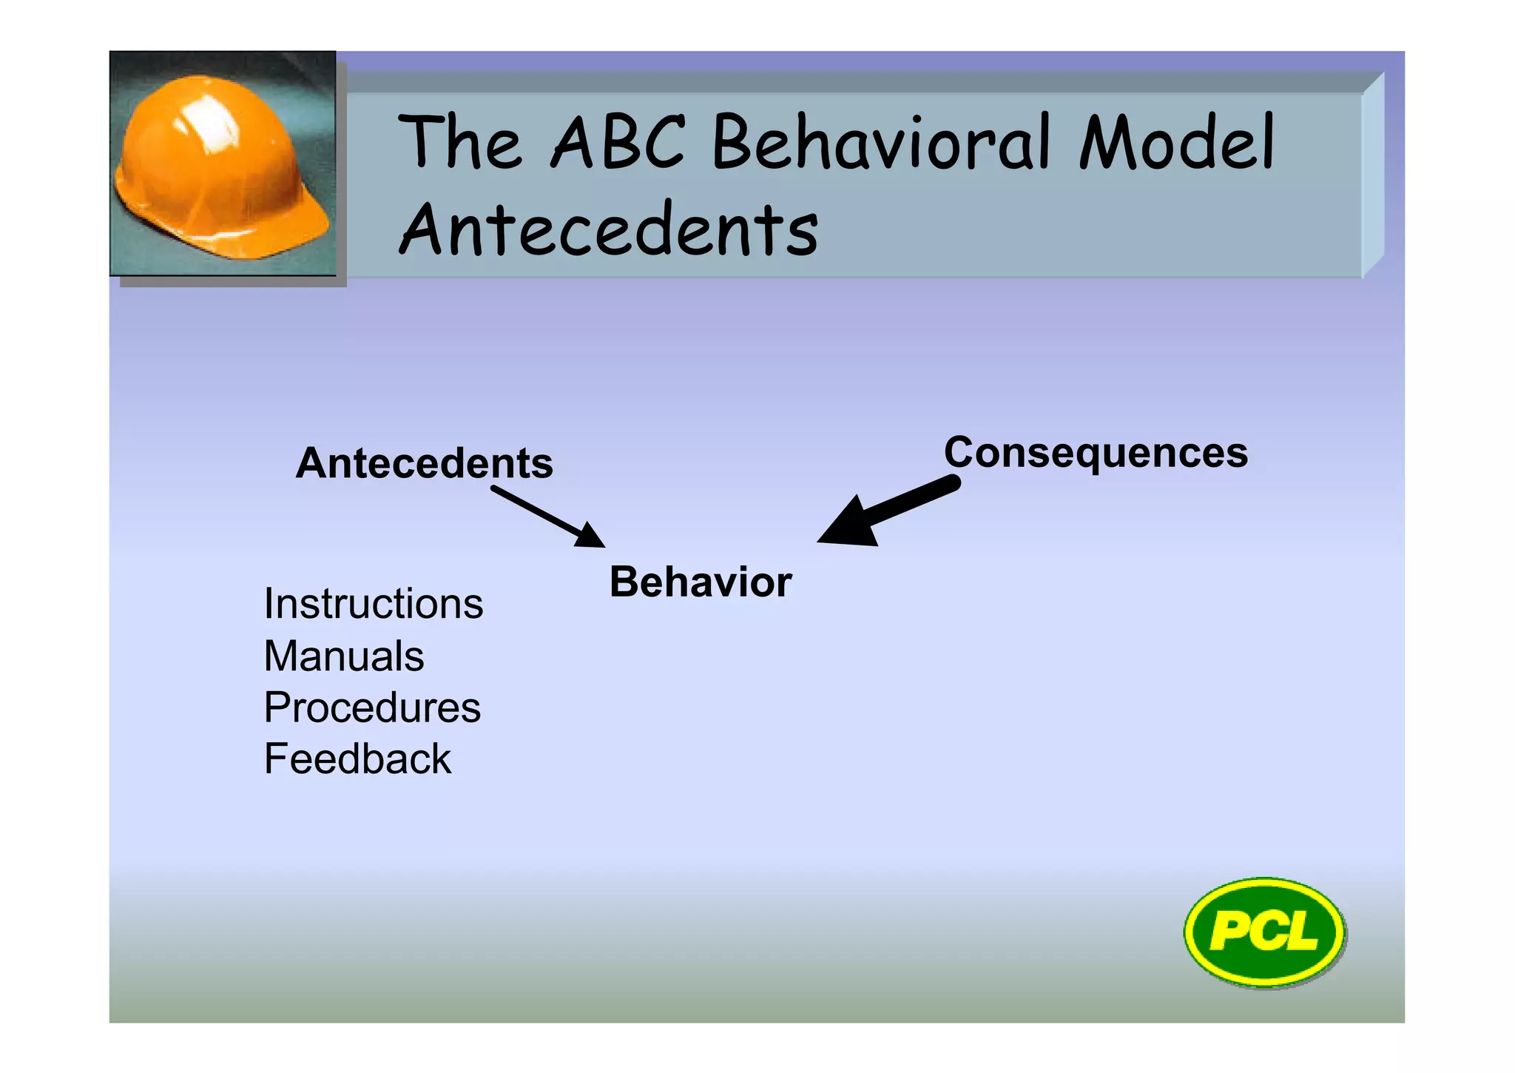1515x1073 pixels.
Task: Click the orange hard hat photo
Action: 222,164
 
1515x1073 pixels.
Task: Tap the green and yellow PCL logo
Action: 1264,932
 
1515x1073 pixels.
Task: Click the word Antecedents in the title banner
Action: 608,229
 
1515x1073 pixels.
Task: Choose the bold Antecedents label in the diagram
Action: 424,463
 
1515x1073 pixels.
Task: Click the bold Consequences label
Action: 1096,452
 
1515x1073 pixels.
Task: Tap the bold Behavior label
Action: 700,582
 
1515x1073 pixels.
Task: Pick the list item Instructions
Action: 373,604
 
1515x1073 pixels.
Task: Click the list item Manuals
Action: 344,656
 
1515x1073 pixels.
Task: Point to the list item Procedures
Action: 372,707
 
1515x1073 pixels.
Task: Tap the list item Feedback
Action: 357,759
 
